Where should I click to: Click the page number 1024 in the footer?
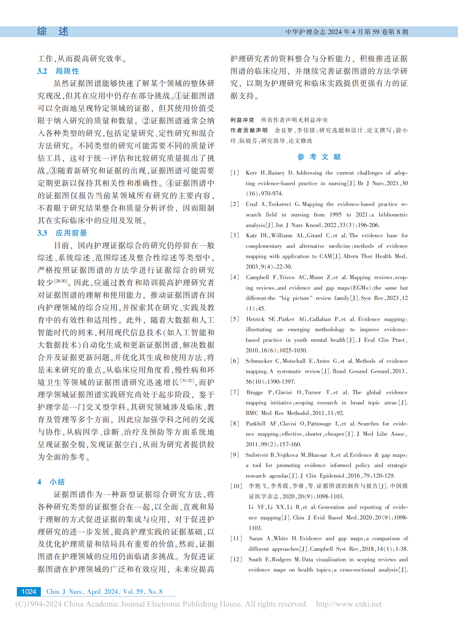click(29, 592)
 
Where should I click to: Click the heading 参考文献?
click(319, 157)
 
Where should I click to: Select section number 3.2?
click(42, 71)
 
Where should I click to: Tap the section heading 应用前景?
click(71, 233)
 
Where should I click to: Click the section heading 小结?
click(57, 482)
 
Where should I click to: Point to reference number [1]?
click(235, 173)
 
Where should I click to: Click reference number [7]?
click(235, 392)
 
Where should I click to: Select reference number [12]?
click(236, 559)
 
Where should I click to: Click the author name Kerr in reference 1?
click(251, 173)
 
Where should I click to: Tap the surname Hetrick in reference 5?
click(255, 319)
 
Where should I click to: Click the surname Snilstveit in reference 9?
click(257, 455)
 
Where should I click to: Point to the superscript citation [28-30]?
click(61, 281)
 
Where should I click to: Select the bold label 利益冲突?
click(242, 120)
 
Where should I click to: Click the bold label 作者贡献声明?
click(249, 130)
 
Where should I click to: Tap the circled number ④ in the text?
click(170, 183)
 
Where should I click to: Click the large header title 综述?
click(53, 31)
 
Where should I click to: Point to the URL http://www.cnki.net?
click(349, 604)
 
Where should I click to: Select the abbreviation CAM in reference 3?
click(326, 256)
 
